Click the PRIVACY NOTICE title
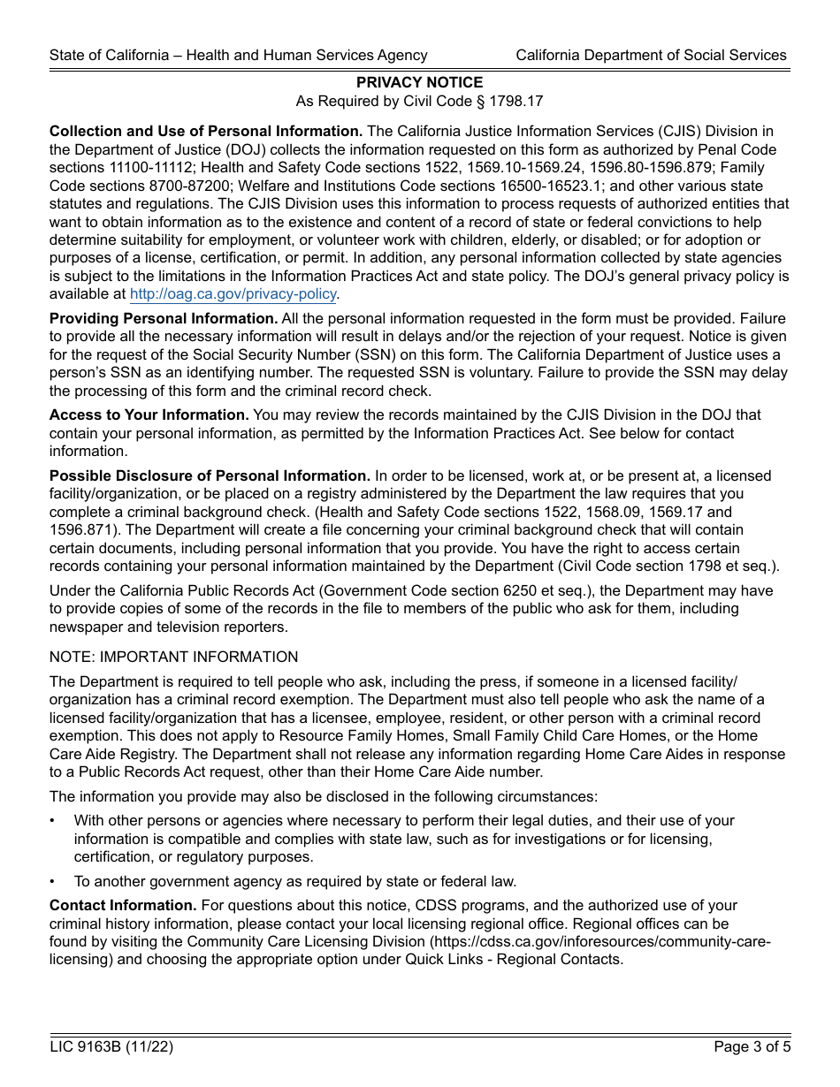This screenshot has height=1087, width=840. [419, 82]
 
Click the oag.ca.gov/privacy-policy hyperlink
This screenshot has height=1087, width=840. [233, 294]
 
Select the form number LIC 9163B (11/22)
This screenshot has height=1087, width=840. [111, 1047]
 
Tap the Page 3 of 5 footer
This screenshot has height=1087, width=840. [750, 1047]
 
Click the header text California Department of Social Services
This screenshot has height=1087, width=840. [651, 55]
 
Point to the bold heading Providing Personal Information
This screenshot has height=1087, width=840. [164, 319]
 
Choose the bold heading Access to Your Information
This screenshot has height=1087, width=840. [149, 414]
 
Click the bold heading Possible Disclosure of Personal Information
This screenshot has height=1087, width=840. [210, 475]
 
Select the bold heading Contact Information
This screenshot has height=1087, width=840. [123, 905]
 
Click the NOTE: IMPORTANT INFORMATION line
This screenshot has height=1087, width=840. [174, 657]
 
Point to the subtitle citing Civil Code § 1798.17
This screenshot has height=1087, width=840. [419, 102]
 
